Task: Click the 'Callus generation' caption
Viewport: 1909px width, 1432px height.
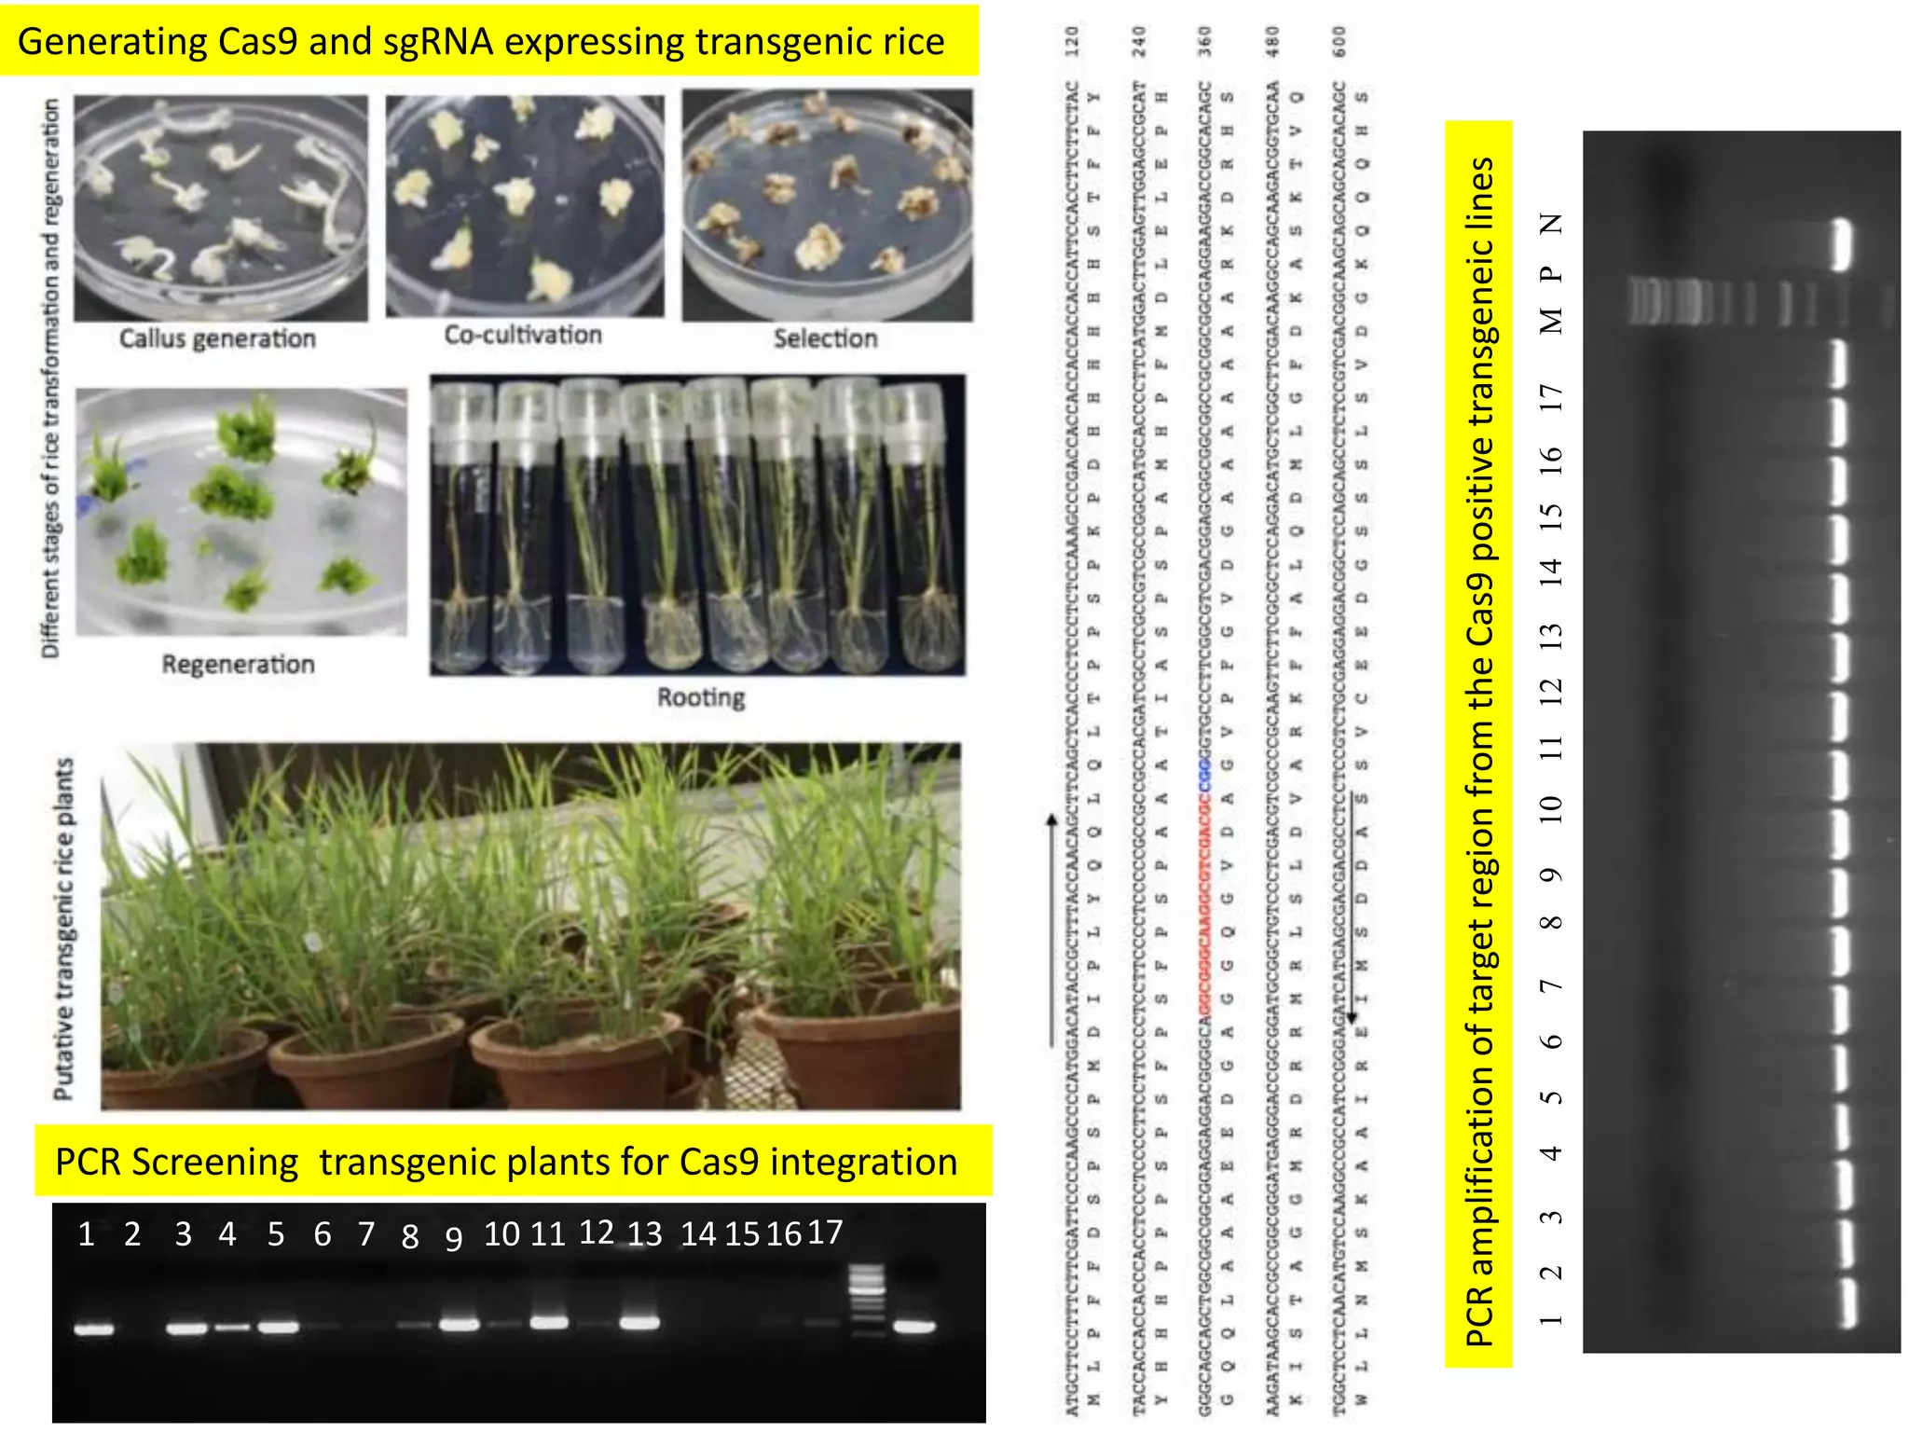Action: coord(217,338)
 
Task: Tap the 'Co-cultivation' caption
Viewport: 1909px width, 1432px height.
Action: coord(523,335)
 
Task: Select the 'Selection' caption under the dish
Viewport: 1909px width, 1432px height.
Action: coord(825,338)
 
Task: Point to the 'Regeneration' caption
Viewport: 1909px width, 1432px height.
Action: coord(238,665)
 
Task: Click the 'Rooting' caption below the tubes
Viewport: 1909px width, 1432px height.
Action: coord(701,697)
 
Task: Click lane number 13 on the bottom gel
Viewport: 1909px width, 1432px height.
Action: coord(644,1234)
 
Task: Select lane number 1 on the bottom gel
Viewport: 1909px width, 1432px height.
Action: coord(87,1234)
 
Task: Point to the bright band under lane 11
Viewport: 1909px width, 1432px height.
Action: coord(549,1322)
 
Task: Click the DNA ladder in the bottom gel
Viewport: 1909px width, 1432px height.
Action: coord(867,1296)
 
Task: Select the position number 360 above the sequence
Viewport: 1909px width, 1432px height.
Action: coord(1205,42)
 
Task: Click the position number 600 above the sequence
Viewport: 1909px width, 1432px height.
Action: coord(1339,42)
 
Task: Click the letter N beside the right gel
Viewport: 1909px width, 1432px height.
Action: coord(1550,224)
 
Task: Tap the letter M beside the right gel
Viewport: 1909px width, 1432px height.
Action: coord(1550,320)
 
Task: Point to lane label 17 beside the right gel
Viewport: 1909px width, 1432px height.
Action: coord(1550,397)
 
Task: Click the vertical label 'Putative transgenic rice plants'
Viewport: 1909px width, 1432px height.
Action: coord(63,929)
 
